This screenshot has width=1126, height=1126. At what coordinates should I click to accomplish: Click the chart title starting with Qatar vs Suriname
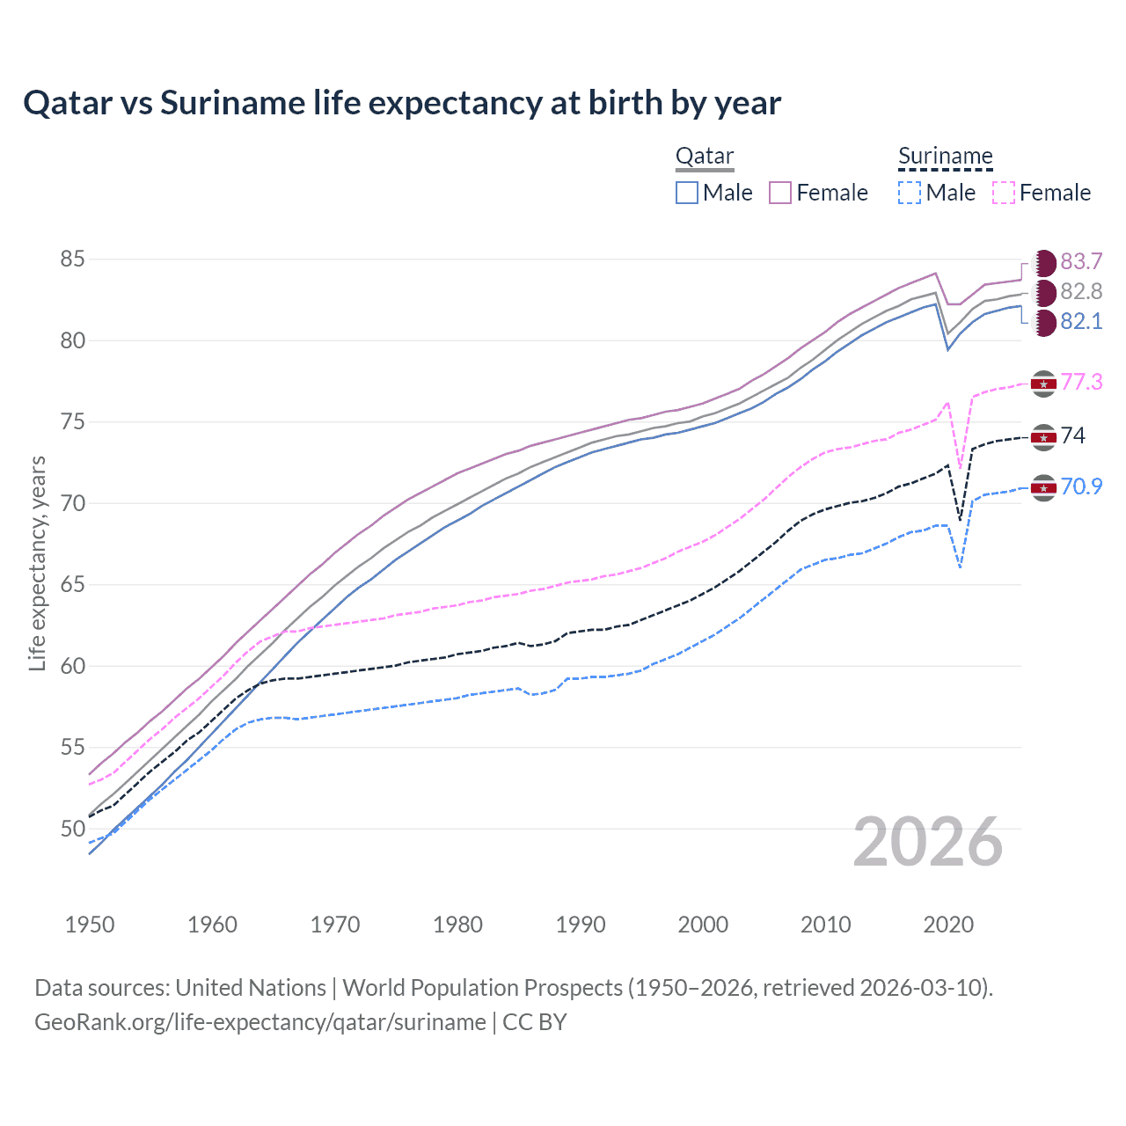402,103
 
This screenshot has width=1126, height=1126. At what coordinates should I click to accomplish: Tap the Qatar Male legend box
687,193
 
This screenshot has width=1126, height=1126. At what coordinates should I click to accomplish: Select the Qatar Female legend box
780,193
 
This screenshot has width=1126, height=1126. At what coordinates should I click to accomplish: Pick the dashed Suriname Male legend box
910,193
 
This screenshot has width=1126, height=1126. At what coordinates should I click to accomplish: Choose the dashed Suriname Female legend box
1004,193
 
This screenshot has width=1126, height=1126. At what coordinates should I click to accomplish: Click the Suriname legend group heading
945,157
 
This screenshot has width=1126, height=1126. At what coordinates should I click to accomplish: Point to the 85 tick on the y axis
72,260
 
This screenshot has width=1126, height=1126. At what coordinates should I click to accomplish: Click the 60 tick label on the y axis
72,666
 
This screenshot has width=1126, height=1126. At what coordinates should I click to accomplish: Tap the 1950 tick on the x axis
90,925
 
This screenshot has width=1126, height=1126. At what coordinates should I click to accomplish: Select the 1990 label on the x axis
581,925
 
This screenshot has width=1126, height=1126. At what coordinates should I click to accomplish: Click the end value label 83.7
1081,262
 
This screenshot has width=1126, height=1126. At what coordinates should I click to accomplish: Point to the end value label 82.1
1081,322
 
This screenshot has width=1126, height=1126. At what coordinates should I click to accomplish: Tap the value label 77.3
1081,382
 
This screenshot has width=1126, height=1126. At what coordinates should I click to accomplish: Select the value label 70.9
1081,486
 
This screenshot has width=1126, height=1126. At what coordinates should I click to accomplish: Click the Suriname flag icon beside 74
1043,436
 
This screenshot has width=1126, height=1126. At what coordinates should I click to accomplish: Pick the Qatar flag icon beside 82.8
1044,292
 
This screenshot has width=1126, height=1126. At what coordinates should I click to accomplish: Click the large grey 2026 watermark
927,842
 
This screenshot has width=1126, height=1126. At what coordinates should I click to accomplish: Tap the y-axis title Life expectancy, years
37,563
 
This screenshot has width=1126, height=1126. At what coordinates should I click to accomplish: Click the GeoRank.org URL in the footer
260,1022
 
